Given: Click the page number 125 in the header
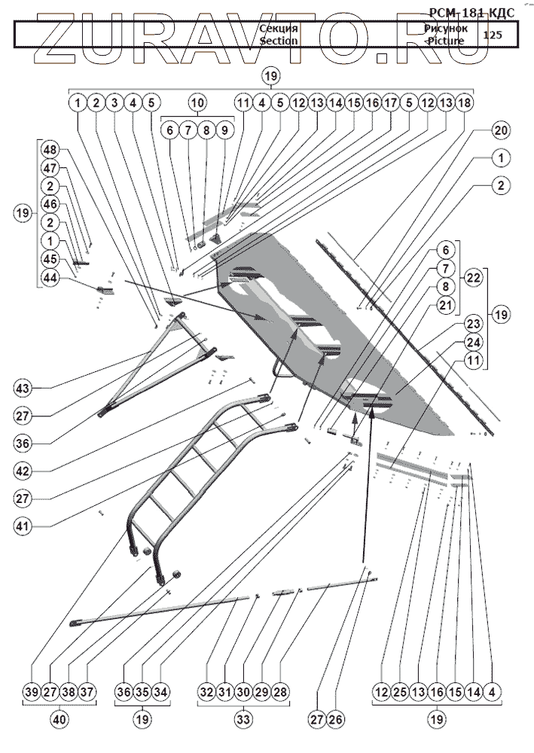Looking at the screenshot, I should coord(493,35).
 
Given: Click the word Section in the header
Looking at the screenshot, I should coord(279,41).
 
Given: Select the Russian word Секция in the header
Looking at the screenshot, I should coord(279,29).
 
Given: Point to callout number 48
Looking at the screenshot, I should coord(50,148).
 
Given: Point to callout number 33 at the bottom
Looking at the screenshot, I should coord(244,719).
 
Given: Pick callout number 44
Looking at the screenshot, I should coord(50,278).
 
